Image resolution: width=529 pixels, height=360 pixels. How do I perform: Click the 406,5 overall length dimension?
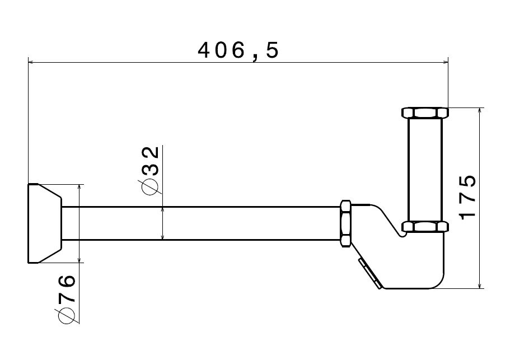point(238,51)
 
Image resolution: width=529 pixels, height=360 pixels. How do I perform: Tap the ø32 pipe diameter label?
point(148,171)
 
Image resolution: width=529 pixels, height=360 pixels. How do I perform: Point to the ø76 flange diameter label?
point(67,298)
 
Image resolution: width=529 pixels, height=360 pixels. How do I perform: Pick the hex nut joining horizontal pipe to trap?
point(346,223)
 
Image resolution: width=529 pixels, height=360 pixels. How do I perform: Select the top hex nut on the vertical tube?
point(425,113)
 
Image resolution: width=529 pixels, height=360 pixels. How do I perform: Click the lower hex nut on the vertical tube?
point(425,227)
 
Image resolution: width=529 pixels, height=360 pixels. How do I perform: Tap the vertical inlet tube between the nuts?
point(425,170)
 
